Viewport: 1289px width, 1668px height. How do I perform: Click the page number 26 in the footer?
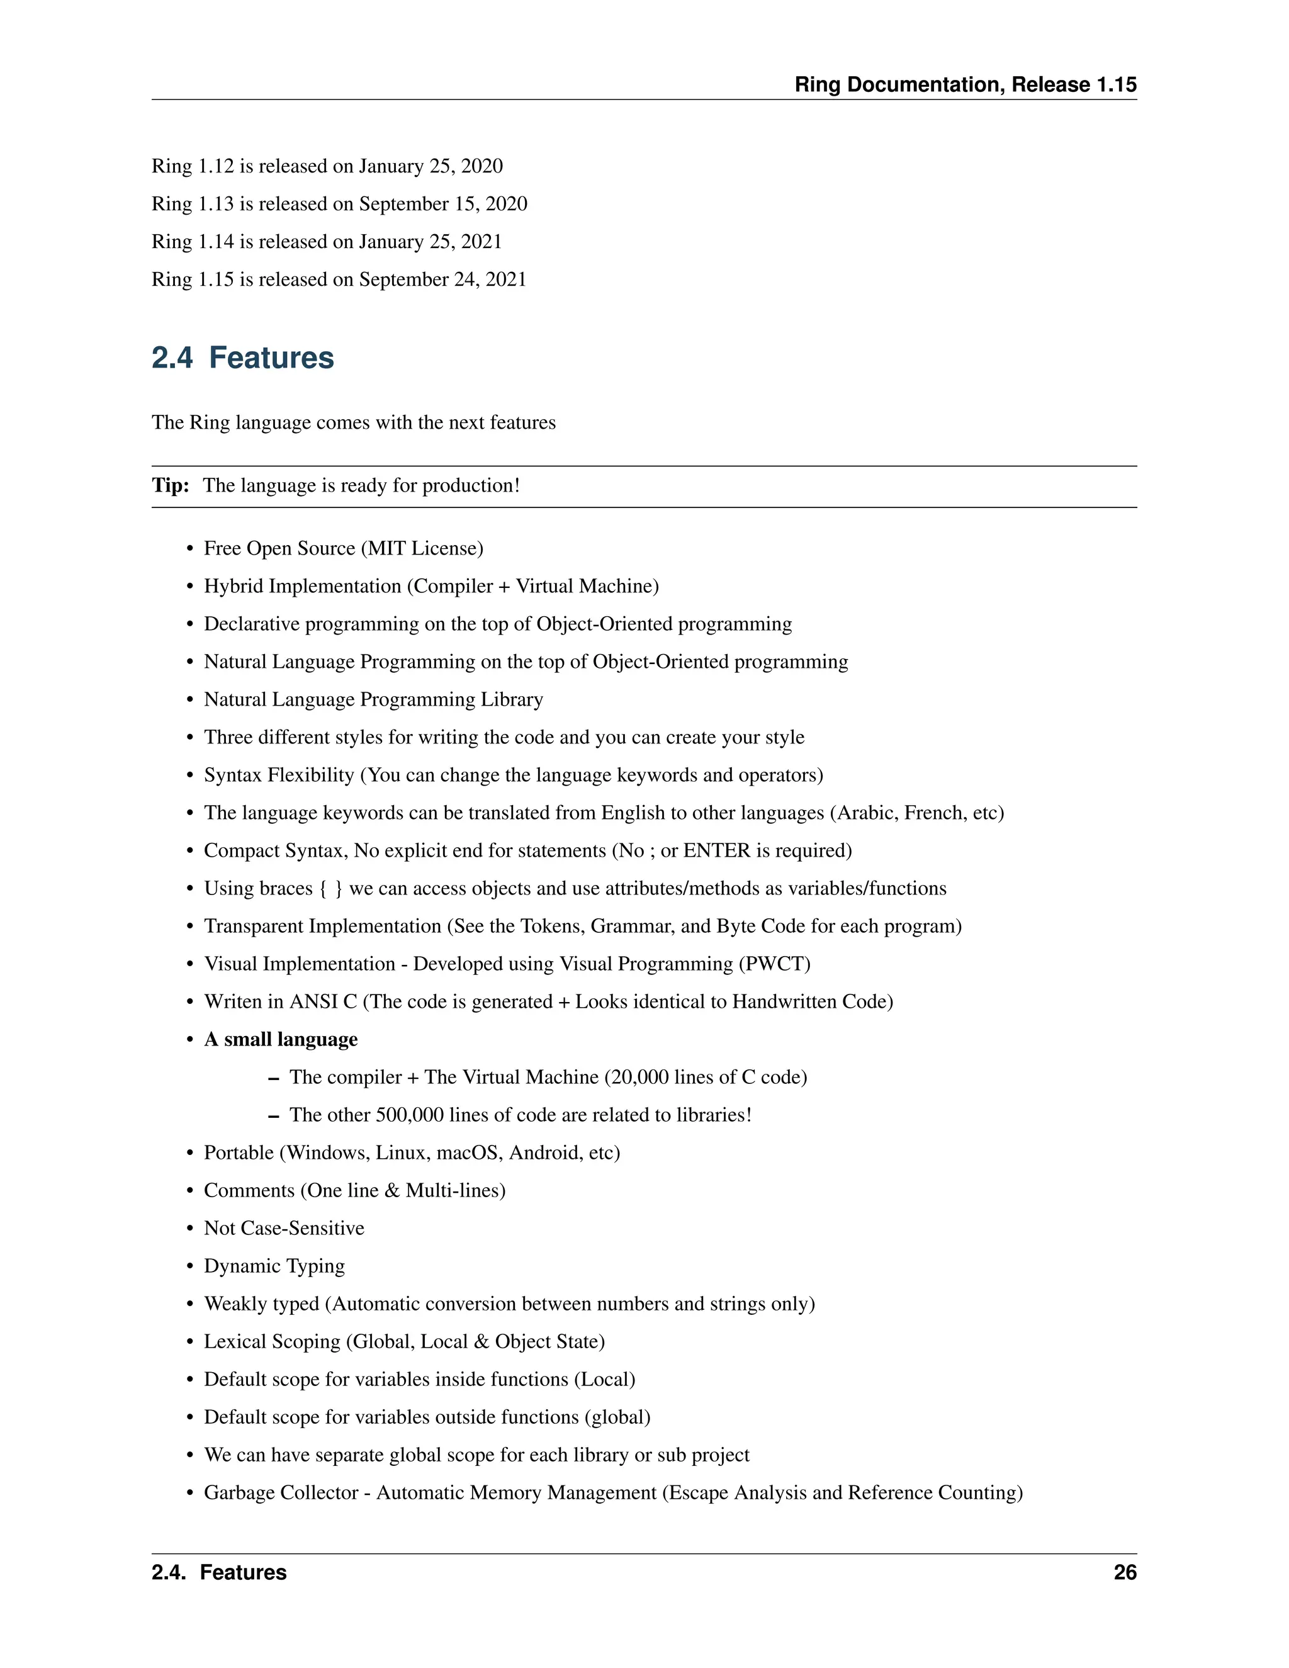(x=1125, y=1572)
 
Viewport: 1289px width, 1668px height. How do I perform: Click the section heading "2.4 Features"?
(x=243, y=358)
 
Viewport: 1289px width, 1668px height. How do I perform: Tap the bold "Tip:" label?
(x=171, y=486)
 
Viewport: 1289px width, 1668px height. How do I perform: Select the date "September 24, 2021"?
(x=443, y=279)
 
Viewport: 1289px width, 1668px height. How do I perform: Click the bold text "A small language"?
(x=280, y=1039)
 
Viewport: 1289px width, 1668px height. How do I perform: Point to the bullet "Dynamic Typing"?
(x=274, y=1266)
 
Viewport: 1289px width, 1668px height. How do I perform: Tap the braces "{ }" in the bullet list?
(x=330, y=888)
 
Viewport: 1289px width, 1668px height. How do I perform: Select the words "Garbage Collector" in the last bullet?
(x=281, y=1492)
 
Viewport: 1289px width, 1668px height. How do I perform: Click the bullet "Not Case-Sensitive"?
(x=284, y=1228)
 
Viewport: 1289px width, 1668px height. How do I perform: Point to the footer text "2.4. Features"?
(x=219, y=1572)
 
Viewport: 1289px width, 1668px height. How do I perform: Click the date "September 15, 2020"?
(x=443, y=204)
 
